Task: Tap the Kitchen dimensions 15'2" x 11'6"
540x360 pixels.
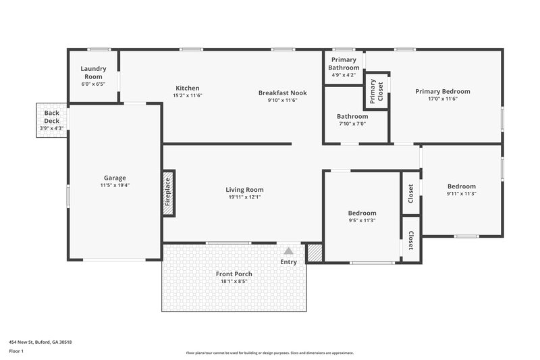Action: click(188, 96)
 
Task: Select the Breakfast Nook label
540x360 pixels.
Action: click(282, 93)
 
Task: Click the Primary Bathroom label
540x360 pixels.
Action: click(344, 63)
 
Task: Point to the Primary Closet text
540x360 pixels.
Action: click(371, 91)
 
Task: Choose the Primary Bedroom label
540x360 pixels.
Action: click(442, 91)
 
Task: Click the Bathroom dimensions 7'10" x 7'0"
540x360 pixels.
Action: click(352, 124)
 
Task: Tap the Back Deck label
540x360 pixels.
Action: click(52, 116)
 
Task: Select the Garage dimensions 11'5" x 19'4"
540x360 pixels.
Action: click(115, 185)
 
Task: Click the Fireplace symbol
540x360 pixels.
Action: click(168, 193)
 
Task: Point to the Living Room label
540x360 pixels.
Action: click(244, 190)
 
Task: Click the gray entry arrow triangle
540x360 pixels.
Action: click(288, 251)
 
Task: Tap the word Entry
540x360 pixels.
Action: click(288, 262)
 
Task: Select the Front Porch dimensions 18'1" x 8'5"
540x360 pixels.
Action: click(234, 281)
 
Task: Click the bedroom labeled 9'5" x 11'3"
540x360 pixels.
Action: click(362, 216)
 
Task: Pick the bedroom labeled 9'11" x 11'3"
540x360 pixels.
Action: click(461, 190)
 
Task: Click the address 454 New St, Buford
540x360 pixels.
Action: click(40, 342)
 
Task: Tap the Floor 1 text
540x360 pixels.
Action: click(17, 352)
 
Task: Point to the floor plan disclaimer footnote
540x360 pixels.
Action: click(269, 353)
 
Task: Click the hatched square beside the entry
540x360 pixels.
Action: click(314, 253)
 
